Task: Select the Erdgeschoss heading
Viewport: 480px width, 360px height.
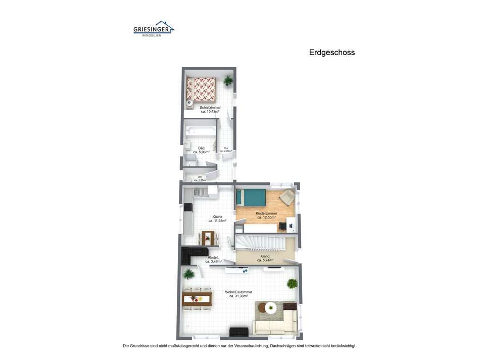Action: (x=332, y=52)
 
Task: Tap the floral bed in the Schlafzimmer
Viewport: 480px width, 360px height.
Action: (x=201, y=89)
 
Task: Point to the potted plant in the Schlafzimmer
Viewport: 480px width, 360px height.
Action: (x=228, y=80)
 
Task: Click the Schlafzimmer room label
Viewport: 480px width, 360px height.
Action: (x=210, y=108)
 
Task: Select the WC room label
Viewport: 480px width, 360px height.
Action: (x=200, y=177)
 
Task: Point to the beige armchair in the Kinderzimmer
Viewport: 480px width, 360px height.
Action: (x=286, y=198)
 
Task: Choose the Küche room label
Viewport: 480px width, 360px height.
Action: (x=217, y=217)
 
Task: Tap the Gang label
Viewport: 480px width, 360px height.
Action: (x=265, y=256)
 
